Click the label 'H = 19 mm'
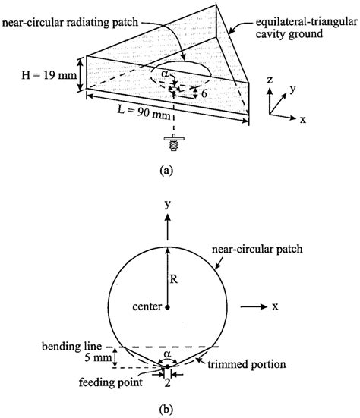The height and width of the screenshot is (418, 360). click(x=49, y=75)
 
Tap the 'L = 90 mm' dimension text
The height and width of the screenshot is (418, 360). click(x=144, y=112)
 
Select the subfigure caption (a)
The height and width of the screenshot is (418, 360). click(x=166, y=170)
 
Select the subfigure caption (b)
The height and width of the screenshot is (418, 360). click(x=166, y=409)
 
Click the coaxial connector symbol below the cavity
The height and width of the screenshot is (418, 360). click(x=174, y=143)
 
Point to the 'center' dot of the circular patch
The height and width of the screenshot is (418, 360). click(x=167, y=307)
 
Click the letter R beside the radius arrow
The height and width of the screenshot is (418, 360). click(x=173, y=279)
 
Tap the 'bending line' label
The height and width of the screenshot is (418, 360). click(x=72, y=347)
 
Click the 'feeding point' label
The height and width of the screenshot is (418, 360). click(x=111, y=382)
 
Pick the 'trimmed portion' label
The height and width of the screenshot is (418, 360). click(x=247, y=364)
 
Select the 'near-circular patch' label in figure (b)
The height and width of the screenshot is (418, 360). click(x=257, y=250)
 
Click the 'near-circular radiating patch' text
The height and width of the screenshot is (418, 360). click(x=70, y=22)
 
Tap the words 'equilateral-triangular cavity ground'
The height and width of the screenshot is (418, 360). click(x=307, y=28)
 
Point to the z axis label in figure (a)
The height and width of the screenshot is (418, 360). click(x=270, y=80)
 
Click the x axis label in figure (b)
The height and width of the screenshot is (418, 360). click(x=275, y=306)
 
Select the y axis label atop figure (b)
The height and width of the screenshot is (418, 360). click(x=168, y=205)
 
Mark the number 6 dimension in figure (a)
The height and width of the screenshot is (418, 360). click(x=204, y=93)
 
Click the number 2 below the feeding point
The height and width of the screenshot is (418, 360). click(x=167, y=383)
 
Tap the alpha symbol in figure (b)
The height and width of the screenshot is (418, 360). click(x=167, y=354)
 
